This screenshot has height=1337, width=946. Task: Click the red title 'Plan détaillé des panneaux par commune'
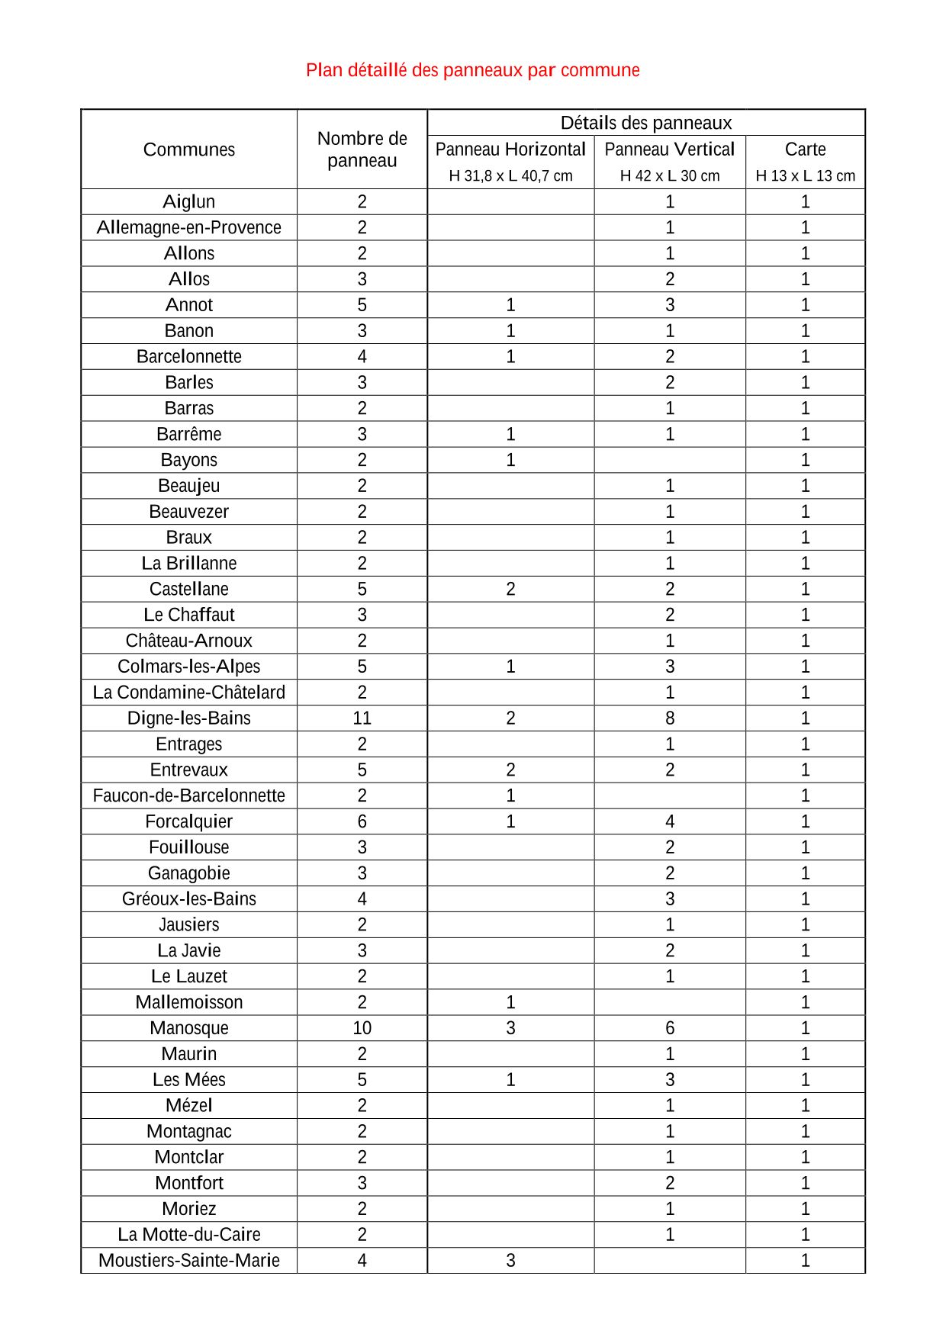472,70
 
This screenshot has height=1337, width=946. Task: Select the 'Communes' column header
189,149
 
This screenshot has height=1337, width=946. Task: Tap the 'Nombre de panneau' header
362,149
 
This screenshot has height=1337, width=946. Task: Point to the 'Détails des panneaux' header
645,123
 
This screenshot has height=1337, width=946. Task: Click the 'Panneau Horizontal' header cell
510,149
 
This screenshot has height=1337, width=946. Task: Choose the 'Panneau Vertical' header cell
669,149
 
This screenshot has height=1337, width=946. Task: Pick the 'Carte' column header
805,149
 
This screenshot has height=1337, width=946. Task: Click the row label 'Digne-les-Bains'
189,718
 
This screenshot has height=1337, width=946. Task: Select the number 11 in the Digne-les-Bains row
362,718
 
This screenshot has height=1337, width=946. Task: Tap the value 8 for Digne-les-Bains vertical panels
669,718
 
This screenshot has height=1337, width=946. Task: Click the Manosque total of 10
362,1028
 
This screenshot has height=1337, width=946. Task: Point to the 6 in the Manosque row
669,1028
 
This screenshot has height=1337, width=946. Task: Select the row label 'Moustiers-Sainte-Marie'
189,1261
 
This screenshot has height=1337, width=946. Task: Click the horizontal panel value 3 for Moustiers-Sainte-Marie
510,1261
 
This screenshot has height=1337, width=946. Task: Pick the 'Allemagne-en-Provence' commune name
189,227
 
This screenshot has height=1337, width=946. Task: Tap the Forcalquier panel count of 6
362,821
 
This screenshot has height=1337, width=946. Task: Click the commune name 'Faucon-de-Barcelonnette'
189,795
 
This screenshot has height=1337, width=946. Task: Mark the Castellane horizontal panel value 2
510,589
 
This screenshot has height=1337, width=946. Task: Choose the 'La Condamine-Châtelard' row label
189,693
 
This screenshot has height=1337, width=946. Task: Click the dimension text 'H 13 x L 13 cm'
805,176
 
